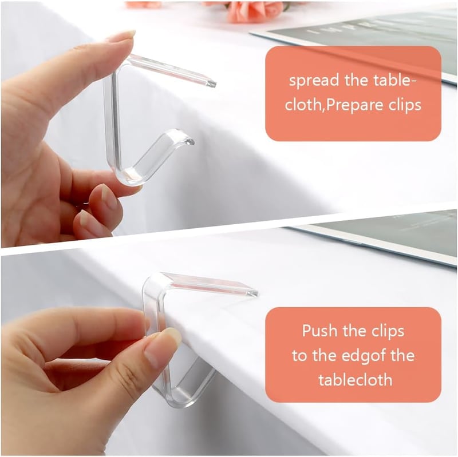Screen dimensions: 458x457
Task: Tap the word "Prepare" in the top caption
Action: (354, 105)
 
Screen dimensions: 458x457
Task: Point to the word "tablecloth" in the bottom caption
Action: (355, 380)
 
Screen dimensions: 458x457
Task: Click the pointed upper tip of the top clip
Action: (212, 84)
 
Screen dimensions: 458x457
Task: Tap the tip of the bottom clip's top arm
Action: (255, 293)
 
